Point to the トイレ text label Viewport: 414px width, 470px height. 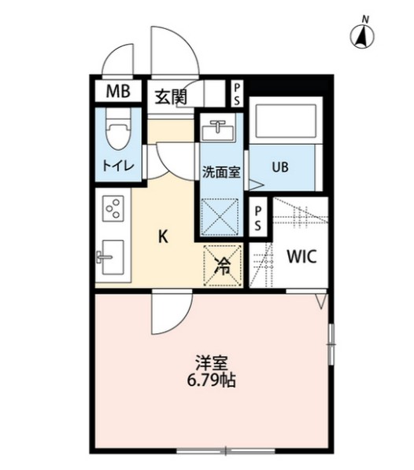click(117, 167)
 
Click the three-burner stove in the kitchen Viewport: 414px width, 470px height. click(113, 210)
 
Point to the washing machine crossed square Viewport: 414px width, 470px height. click(223, 212)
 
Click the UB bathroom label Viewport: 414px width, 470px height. click(280, 167)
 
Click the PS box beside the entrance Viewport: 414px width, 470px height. click(237, 94)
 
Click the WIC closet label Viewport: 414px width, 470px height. click(301, 256)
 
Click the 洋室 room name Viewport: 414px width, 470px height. click(210, 363)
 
